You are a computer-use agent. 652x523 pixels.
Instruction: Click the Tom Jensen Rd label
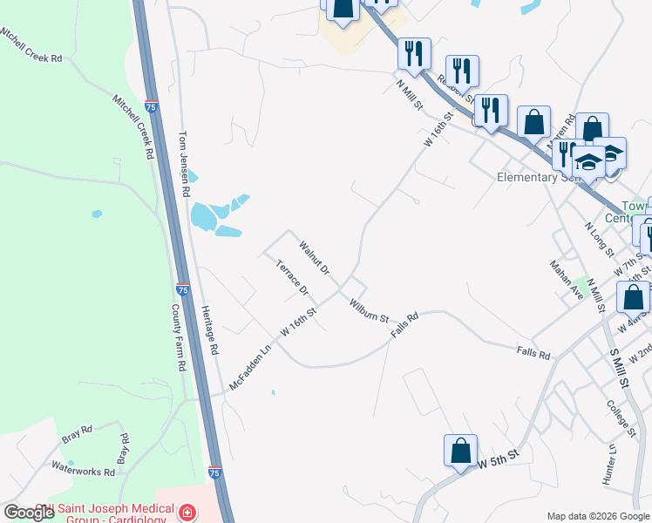[x=184, y=164]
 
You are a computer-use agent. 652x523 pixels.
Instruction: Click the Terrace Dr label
[x=292, y=277]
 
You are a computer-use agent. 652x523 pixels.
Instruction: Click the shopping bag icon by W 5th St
[x=460, y=452]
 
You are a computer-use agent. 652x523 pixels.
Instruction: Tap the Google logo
[x=28, y=513]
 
